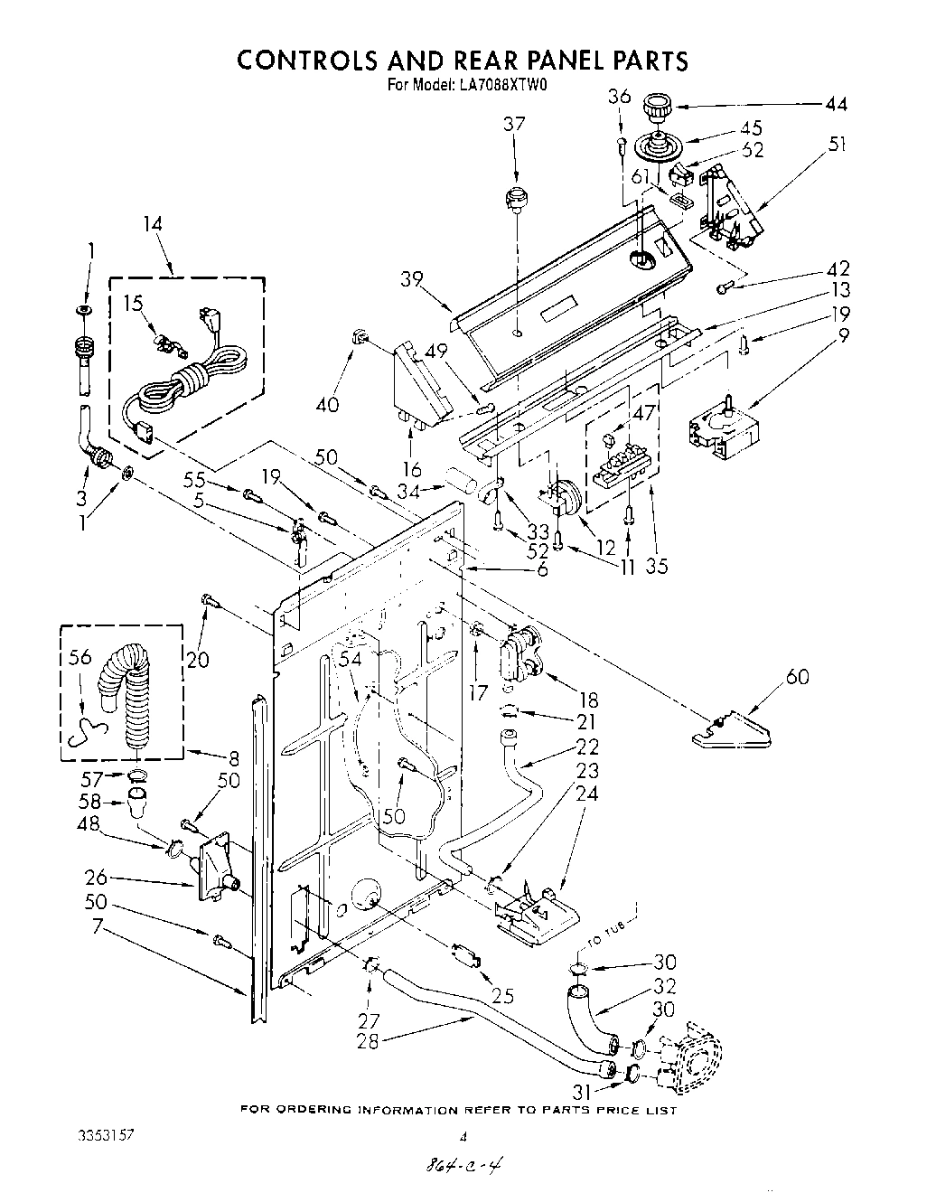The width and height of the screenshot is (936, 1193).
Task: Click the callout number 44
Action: coord(836,105)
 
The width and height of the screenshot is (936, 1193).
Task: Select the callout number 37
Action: coord(514,125)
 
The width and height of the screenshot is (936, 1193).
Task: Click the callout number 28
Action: coord(368,1040)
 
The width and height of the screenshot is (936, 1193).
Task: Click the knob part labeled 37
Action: coord(516,198)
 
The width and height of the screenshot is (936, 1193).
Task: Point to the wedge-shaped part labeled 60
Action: coord(731,731)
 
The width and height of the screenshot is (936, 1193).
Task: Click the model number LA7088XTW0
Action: coord(493,87)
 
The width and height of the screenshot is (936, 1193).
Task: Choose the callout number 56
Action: coord(80,657)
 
